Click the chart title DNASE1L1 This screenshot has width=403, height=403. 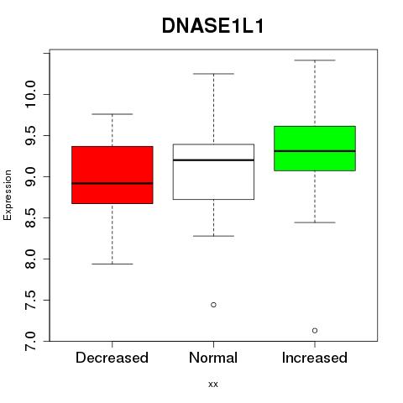coord(213,26)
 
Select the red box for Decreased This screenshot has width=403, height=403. coord(113,175)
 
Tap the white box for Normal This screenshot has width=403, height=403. coord(213,171)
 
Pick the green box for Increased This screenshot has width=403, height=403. coord(315,149)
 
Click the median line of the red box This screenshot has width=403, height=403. coord(113,183)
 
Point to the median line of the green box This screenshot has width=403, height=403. coord(315,151)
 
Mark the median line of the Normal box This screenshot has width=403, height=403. coord(213,160)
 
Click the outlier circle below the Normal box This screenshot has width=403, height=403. coord(213,305)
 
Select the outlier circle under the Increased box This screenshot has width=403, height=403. coord(315,331)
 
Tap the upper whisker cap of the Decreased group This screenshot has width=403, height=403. coord(113,114)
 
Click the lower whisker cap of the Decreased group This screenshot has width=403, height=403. coord(113,264)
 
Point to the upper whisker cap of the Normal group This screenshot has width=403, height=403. coord(213,74)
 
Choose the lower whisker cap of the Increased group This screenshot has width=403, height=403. coord(315,222)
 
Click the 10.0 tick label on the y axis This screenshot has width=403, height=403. coord(30,94)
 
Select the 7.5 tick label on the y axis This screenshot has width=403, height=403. coord(30,300)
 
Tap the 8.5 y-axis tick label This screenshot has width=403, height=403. coord(30,217)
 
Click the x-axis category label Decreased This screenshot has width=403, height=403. coord(112,358)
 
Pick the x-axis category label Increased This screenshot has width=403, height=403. coord(315,358)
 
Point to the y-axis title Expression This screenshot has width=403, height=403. coord(8,195)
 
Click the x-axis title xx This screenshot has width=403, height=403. coord(213,385)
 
